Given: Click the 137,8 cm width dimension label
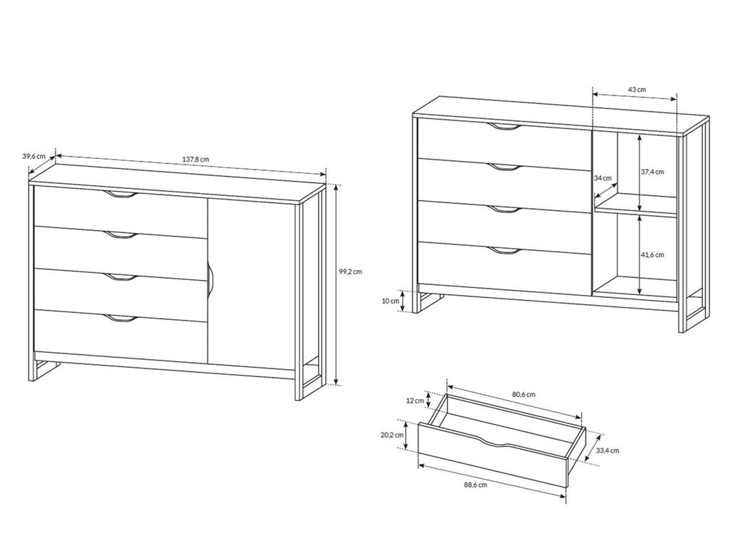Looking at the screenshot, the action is tap(195, 159).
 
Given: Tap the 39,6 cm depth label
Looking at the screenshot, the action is tap(34, 156).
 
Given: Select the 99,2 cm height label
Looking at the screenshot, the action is tap(349, 272).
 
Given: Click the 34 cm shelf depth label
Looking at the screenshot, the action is tap(602, 177).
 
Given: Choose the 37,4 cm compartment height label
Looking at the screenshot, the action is tap(652, 172).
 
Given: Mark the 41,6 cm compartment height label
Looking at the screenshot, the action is tap(652, 255).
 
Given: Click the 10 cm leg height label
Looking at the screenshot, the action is tap(390, 301).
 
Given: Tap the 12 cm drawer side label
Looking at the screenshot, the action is tap(415, 400).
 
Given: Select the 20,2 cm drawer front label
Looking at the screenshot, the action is tap(392, 435).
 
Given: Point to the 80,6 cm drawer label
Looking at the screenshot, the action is tap(524, 395).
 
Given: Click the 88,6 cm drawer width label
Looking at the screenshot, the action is tap(475, 485).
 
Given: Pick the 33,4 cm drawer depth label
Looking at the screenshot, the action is tap(607, 450).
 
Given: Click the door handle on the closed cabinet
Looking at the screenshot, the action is tap(210, 279).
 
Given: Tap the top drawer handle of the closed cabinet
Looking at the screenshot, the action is tap(120, 195).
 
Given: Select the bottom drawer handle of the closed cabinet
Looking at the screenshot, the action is tap(120, 319).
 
